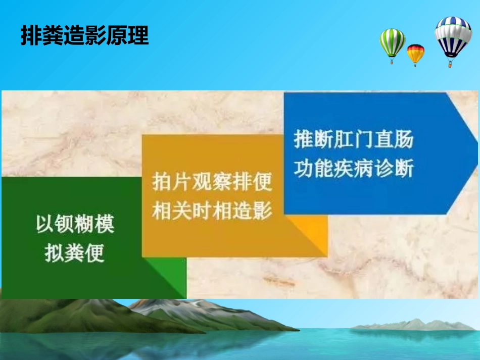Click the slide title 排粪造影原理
coord(84,36)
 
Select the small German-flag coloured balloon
coord(415,53)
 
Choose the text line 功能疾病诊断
coord(354,169)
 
